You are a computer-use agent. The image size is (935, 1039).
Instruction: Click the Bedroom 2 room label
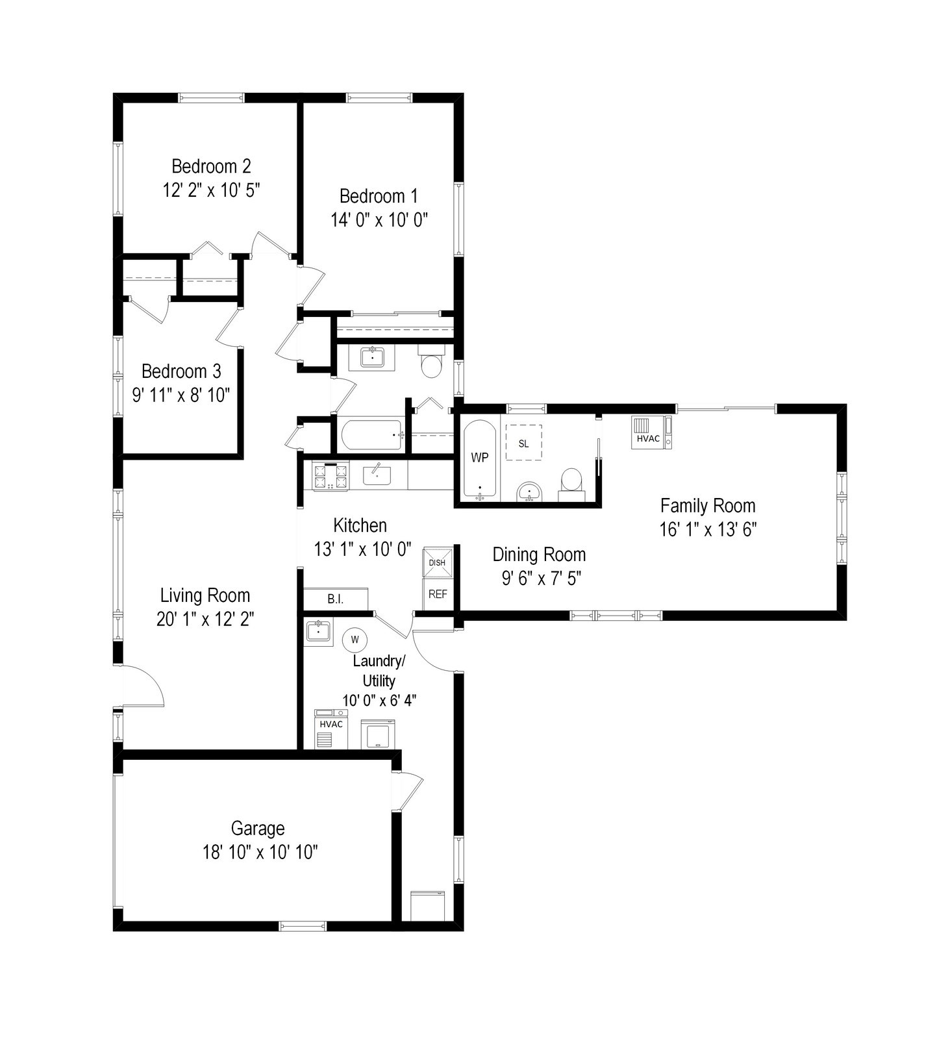[x=211, y=166]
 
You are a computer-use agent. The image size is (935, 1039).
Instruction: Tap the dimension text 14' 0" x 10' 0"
[x=379, y=220]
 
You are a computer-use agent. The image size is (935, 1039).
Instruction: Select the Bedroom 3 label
[x=181, y=371]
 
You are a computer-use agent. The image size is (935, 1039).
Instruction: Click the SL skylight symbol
[x=523, y=443]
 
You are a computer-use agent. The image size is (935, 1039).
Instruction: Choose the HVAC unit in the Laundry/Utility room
[x=331, y=729]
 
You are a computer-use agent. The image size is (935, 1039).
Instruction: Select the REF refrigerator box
[x=438, y=594]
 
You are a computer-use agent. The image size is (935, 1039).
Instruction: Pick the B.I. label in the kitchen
[x=336, y=599]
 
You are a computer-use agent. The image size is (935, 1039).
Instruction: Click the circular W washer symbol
[x=355, y=640]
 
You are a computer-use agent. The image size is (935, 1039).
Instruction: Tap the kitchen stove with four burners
[x=330, y=476]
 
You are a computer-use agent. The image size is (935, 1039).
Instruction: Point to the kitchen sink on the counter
[x=377, y=474]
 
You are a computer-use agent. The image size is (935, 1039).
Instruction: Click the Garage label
[x=258, y=829]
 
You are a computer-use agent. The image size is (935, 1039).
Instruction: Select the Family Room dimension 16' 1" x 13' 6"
[x=708, y=529]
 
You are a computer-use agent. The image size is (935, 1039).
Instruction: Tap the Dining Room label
[x=539, y=555]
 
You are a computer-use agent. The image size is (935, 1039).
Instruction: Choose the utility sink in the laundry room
[x=318, y=631]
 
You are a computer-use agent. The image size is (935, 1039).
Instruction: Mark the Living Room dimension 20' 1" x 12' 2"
[x=205, y=619]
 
